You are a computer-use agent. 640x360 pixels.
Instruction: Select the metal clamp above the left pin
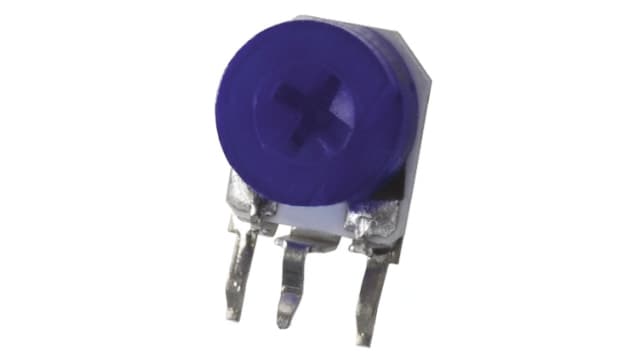246,200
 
